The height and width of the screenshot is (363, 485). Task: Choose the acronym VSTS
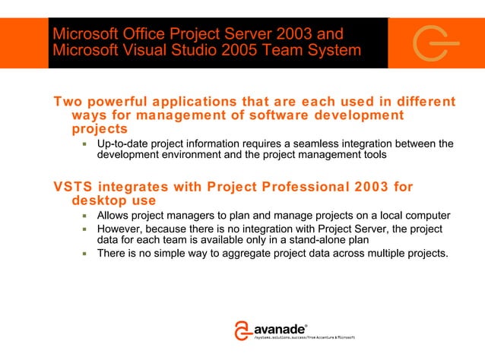point(71,188)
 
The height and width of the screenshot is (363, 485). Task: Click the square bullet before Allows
point(87,216)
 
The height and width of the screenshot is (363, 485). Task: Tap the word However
point(122,228)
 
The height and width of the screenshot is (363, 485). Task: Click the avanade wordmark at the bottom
point(278,329)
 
